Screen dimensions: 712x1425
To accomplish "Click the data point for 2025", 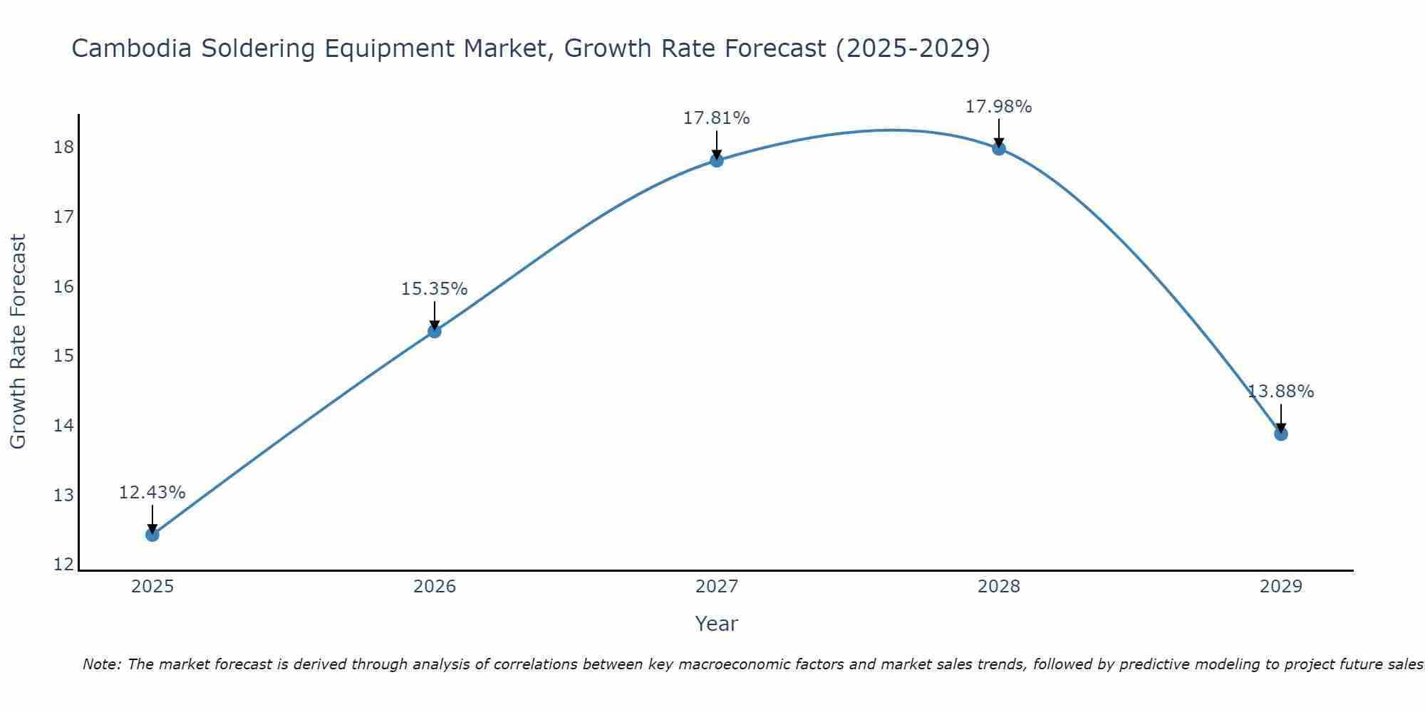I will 152,535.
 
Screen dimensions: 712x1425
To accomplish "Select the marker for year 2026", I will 435,331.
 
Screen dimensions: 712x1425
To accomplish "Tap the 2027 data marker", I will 717,160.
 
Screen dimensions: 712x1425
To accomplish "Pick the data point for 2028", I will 999,148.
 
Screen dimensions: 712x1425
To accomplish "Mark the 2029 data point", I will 1281,434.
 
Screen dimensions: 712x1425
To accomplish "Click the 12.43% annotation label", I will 152,493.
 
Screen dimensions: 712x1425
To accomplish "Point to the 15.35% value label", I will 435,289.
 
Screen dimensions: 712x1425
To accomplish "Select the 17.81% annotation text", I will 717,118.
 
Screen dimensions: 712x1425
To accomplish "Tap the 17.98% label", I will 999,107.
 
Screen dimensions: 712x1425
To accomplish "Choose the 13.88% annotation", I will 1281,392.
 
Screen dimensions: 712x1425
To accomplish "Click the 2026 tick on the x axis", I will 435,587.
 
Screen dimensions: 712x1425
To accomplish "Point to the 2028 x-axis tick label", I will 999,587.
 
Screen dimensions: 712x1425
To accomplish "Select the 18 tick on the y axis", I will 63,147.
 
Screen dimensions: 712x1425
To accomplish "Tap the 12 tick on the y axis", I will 63,565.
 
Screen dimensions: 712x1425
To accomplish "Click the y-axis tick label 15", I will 63,356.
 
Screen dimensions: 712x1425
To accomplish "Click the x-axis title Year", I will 717,624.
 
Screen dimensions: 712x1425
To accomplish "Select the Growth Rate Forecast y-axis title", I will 18,342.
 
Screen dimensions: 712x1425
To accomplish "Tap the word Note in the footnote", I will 102,664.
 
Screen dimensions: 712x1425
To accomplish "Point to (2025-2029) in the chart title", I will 913,49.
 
